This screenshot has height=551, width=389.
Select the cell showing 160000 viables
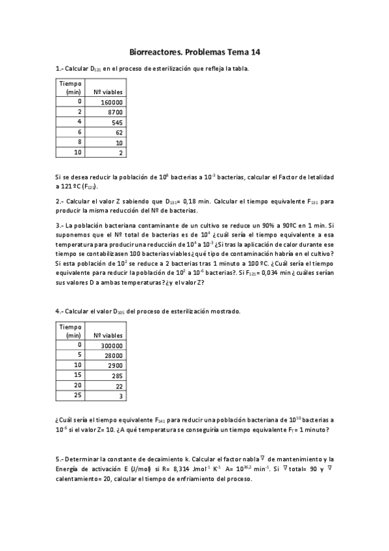click(112, 102)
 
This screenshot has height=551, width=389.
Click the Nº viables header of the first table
click(108, 92)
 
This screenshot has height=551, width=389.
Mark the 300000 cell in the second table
click(112, 346)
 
